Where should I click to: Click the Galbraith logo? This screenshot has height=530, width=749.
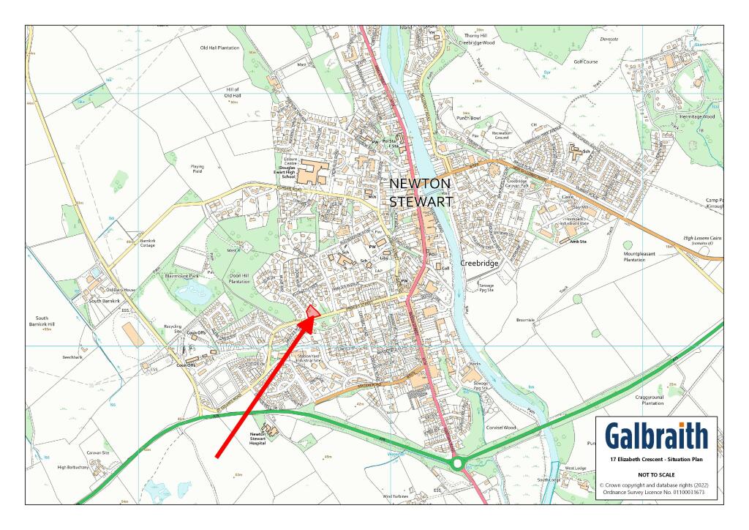(x=657, y=436)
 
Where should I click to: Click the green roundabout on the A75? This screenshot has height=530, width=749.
(x=458, y=463)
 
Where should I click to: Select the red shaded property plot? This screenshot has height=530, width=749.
(x=313, y=313)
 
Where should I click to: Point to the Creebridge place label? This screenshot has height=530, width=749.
(x=479, y=261)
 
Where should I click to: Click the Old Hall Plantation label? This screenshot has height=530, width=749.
(x=220, y=48)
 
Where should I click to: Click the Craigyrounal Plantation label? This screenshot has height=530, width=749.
(x=646, y=399)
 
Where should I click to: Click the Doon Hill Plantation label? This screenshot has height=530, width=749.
(x=239, y=278)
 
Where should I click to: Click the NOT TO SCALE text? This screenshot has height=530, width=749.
(x=656, y=475)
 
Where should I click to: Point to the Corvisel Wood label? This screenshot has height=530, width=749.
(x=500, y=427)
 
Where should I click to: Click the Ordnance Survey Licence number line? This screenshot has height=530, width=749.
(x=656, y=493)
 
